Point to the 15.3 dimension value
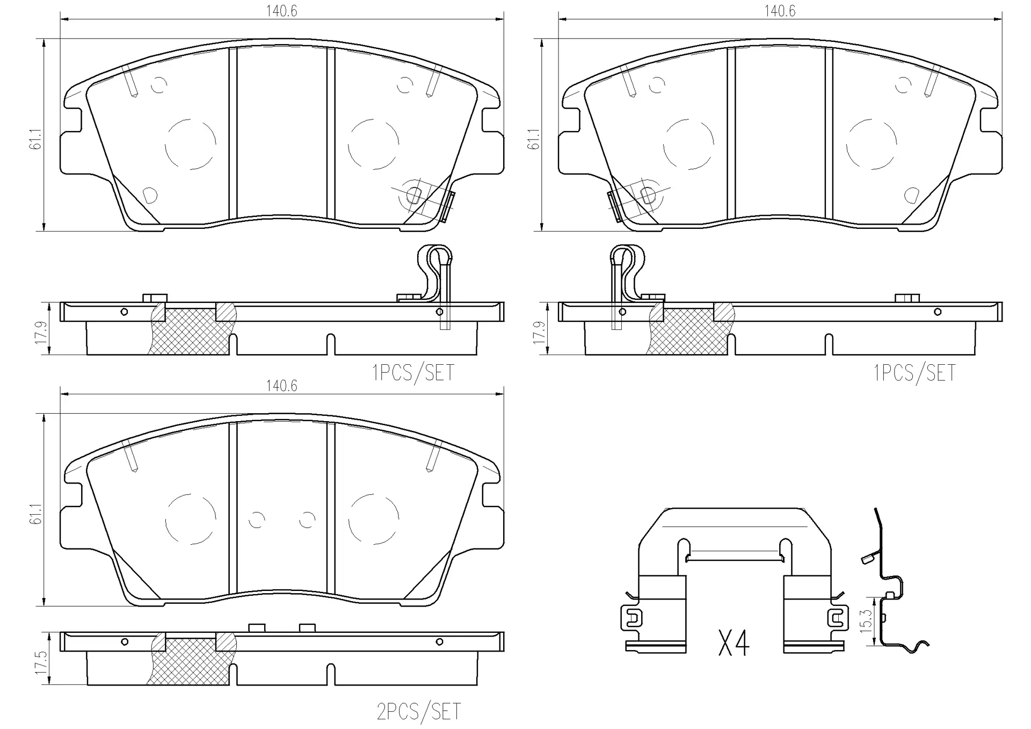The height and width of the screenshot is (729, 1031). point(866,621)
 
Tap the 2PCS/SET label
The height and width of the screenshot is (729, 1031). point(418,711)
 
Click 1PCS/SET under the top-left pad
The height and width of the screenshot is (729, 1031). point(413,372)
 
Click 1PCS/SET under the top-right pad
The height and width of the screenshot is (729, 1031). point(914,372)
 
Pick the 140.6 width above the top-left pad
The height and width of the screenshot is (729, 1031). point(281,11)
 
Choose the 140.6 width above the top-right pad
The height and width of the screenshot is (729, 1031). point(780,11)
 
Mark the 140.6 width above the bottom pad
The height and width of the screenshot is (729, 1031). point(281,386)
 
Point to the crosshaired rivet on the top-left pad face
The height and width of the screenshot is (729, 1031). point(414,194)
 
